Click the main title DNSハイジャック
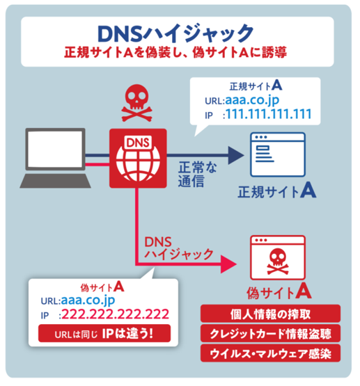tap(175, 33)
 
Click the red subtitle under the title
tap(175, 52)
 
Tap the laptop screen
tap(55, 149)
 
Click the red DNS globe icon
tap(138, 159)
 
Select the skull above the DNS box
tap(137, 103)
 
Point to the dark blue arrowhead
tap(236, 155)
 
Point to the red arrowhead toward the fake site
tap(228, 264)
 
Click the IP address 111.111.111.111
tap(269, 114)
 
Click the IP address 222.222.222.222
tap(116, 314)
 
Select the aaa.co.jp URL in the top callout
tap(252, 100)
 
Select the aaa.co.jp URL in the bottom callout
tap(88, 300)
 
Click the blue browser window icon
tap(278, 154)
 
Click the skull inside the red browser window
tap(278, 262)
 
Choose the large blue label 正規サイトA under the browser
tap(276, 191)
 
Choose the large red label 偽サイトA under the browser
tap(279, 291)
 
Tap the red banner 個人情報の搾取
tap(270, 314)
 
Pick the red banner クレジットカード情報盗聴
tap(270, 333)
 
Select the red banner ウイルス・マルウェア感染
tap(270, 353)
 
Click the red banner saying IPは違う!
tap(104, 334)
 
